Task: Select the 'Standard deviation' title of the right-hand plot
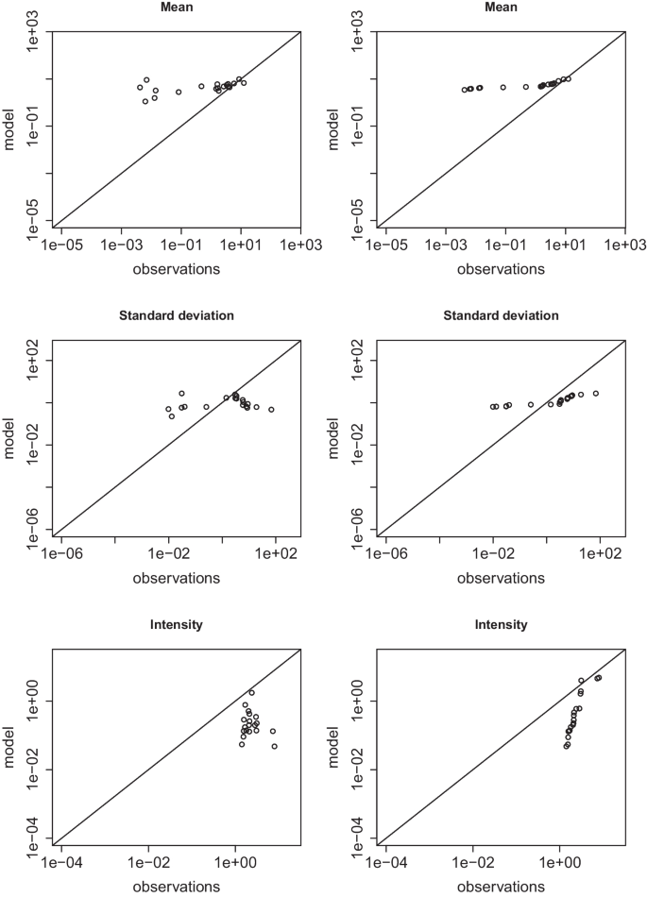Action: [x=501, y=314]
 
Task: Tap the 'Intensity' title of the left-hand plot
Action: [x=177, y=625]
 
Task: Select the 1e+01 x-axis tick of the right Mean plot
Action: [x=564, y=245]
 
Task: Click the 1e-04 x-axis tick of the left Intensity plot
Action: [x=60, y=863]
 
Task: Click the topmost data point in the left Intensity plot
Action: [x=251, y=692]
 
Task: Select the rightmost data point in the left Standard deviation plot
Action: [x=271, y=409]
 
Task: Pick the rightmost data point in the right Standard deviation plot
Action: [x=595, y=393]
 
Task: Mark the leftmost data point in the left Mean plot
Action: [x=140, y=87]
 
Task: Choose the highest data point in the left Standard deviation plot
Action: [x=181, y=393]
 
